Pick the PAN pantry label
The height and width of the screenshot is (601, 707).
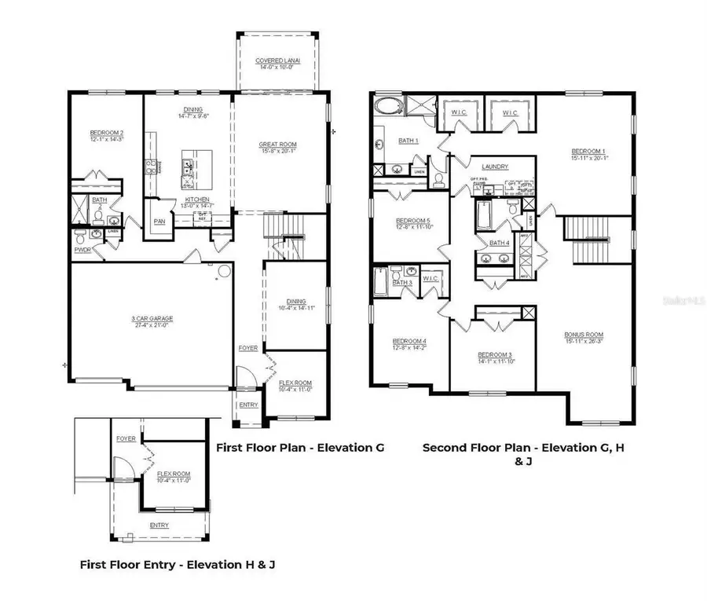pos(159,221)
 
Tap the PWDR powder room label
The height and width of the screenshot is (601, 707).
pos(82,249)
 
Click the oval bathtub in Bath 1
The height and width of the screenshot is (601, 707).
pos(387,107)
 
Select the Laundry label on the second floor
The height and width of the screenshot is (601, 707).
pos(495,167)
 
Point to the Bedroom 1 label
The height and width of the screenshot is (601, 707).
pos(588,151)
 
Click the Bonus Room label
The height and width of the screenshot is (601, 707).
pos(583,334)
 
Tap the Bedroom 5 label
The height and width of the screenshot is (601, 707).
pos(410,221)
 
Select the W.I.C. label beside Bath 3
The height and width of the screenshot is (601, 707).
pos(430,278)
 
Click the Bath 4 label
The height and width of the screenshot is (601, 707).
pos(500,244)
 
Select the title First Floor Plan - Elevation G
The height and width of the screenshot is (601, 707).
pos(299,448)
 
